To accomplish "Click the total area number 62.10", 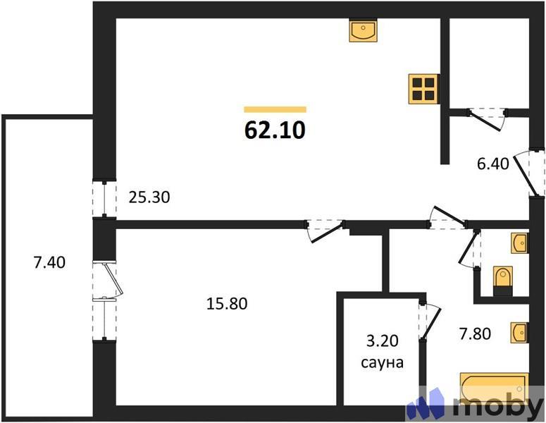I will click(x=275, y=130).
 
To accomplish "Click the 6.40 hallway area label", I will click(x=492, y=164).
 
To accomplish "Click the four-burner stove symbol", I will click(x=423, y=89).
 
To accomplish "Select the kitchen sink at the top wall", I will click(x=364, y=30).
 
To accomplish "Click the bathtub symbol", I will click(x=494, y=387).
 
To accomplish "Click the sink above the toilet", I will click(x=519, y=243).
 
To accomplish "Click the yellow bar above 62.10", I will click(x=275, y=109).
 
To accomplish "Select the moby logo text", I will click(x=497, y=406).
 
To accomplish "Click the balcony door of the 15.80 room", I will click(x=110, y=281).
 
